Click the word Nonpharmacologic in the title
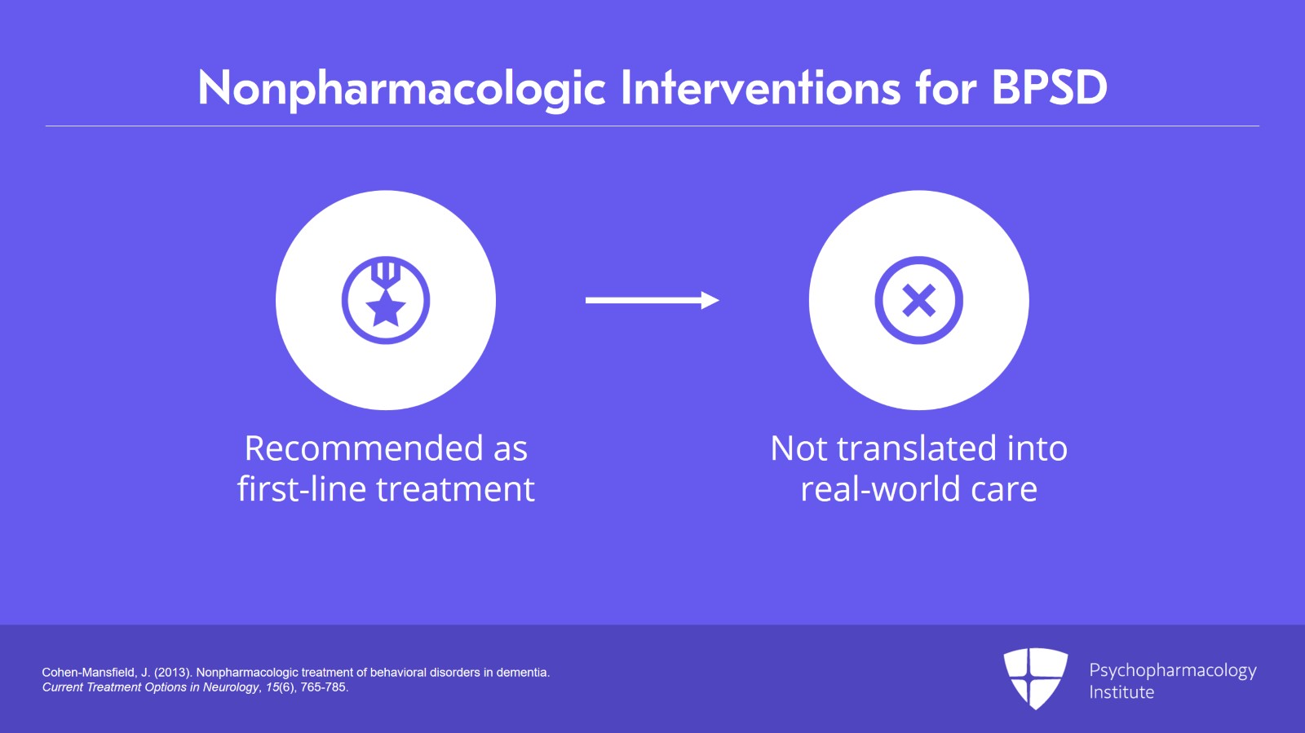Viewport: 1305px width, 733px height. pyautogui.click(x=402, y=89)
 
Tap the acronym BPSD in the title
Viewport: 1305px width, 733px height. pyautogui.click(x=1049, y=88)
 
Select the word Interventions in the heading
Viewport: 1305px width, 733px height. pyautogui.click(x=761, y=88)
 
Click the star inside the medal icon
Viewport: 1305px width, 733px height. pyautogui.click(x=385, y=308)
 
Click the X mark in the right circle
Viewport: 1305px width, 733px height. pyautogui.click(x=918, y=300)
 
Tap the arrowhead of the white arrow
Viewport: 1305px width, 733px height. pyautogui.click(x=710, y=300)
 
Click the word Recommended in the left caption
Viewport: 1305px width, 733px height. pyautogui.click(x=364, y=448)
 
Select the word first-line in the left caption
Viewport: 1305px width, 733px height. pyautogui.click(x=303, y=488)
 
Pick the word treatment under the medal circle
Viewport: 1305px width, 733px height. pyautogui.click(x=455, y=489)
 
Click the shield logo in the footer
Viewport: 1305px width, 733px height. pyautogui.click(x=1035, y=678)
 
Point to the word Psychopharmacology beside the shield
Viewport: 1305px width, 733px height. pyautogui.click(x=1173, y=671)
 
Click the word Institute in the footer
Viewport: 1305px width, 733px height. pyautogui.click(x=1121, y=692)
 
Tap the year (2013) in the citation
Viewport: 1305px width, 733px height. pyautogui.click(x=173, y=673)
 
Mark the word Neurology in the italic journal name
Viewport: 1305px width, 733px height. pyautogui.click(x=230, y=688)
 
